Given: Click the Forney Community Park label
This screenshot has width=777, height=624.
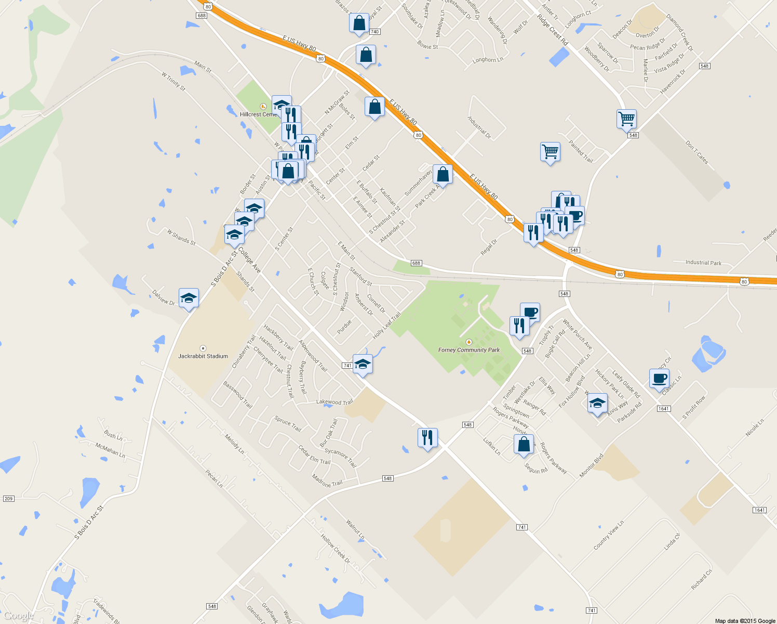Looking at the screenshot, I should [468, 350].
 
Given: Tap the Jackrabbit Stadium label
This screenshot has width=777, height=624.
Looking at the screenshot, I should [203, 356].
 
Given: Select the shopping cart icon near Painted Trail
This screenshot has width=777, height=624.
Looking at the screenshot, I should [550, 152].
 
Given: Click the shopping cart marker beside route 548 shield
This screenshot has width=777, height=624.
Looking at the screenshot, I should [626, 119].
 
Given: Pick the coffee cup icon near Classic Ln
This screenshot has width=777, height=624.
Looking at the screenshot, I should [659, 379].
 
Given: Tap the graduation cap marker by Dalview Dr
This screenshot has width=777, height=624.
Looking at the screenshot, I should [189, 298].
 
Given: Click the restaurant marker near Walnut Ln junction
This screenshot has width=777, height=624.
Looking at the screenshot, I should [427, 438].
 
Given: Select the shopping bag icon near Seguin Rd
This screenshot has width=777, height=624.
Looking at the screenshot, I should [524, 445].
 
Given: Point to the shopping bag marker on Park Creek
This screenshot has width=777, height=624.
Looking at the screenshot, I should [443, 174].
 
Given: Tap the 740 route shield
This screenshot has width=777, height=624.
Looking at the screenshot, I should [374, 32].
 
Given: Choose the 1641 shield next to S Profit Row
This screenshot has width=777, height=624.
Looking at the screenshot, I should [663, 409].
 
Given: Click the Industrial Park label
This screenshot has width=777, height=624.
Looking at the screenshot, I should [703, 263].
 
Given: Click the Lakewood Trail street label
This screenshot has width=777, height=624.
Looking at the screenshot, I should [334, 402].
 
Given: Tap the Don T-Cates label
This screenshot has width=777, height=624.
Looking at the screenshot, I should [696, 152].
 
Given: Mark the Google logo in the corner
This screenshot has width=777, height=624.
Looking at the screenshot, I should [18, 616].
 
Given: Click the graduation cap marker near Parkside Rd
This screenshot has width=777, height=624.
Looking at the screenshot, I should [597, 403].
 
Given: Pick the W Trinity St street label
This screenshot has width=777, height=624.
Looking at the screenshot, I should [173, 82].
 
